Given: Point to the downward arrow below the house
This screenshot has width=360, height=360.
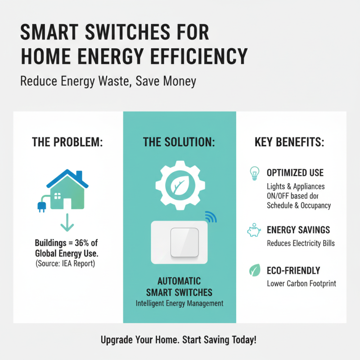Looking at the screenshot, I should (x=67, y=222).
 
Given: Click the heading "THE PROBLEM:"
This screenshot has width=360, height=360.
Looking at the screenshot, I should (x=67, y=143).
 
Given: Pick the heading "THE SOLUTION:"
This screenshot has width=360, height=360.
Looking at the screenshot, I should (x=179, y=143).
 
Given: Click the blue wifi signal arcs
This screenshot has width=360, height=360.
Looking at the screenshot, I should (x=211, y=217).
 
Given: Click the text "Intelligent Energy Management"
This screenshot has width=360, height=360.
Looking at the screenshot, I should (x=180, y=303).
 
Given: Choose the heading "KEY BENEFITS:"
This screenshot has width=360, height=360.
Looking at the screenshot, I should (x=289, y=143).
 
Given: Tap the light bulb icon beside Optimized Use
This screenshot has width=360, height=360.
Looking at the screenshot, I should (x=254, y=174).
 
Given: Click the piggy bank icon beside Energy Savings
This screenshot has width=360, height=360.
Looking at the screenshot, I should (x=254, y=231).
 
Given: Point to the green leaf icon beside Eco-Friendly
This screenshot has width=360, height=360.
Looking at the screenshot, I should (x=254, y=271).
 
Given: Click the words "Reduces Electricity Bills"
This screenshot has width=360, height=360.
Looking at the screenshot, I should (x=301, y=243).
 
